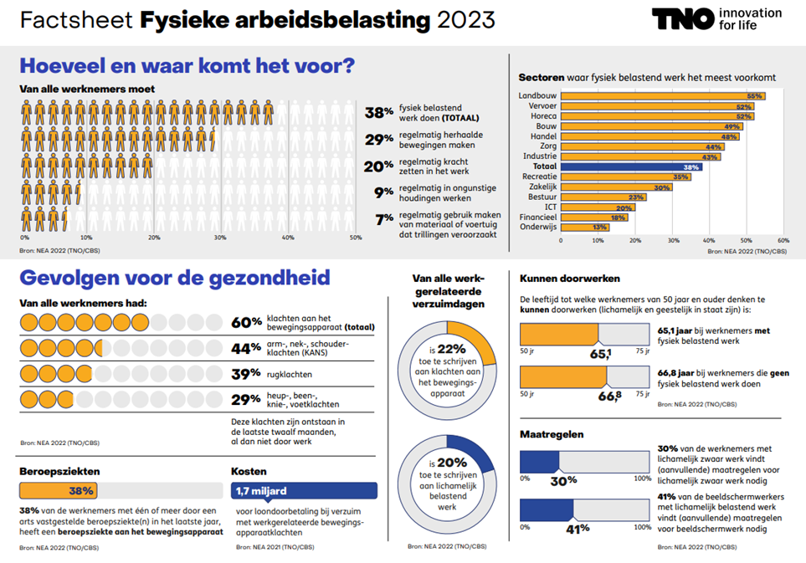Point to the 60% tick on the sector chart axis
pos(783,240)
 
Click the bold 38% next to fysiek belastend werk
pos(379,113)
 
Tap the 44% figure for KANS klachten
pos(245,348)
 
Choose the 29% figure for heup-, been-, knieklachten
pos(245,399)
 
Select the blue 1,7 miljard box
pos(304,491)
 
